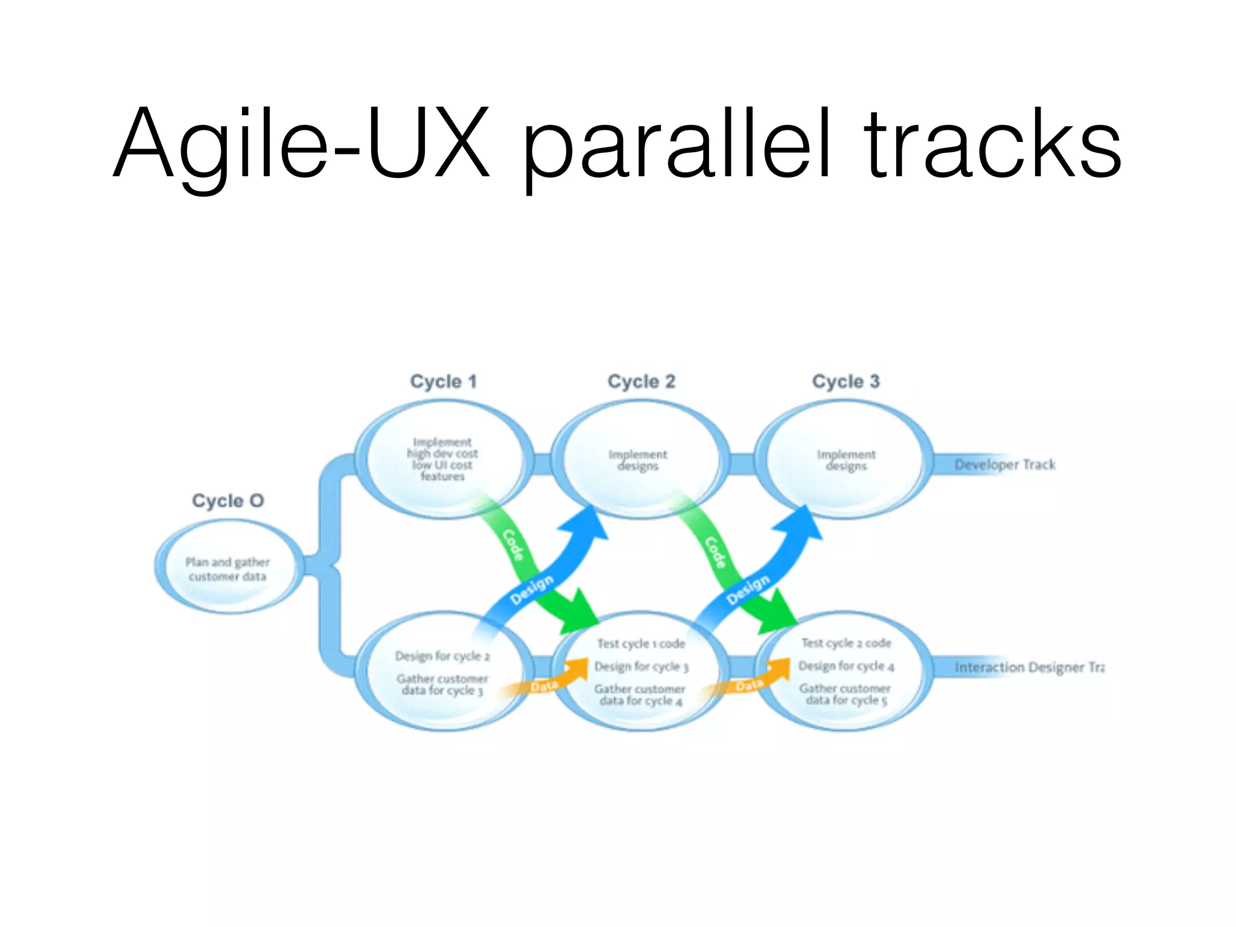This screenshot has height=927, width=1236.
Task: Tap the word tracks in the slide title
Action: click(993, 145)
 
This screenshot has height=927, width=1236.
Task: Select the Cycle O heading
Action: click(228, 501)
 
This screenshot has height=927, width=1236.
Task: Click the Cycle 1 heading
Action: click(444, 381)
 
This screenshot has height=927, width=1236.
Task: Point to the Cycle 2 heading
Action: click(641, 381)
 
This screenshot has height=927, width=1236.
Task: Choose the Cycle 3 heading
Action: click(846, 381)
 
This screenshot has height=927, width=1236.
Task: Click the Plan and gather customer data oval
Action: click(228, 569)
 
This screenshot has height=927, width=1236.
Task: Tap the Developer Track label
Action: click(1005, 465)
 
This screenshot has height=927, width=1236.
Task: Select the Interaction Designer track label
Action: click(1029, 667)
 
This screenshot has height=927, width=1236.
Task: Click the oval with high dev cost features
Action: click(442, 459)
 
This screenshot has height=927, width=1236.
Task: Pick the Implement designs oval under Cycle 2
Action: click(639, 460)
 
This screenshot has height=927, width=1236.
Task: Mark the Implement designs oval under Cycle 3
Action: click(846, 460)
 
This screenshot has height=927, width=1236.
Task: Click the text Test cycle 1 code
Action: click(641, 644)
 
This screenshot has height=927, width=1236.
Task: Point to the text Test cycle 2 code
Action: click(846, 643)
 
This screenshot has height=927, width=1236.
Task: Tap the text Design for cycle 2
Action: click(442, 656)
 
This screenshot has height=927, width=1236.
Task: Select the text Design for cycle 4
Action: click(846, 666)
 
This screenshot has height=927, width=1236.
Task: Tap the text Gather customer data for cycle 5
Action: click(846, 694)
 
